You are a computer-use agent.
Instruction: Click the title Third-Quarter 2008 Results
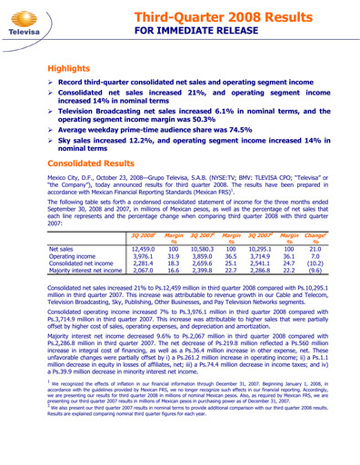(245, 14)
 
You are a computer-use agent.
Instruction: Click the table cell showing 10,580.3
(229, 247)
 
